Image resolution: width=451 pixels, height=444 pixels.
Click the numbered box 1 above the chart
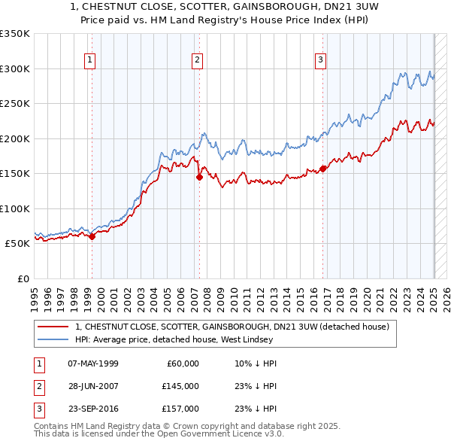(90, 61)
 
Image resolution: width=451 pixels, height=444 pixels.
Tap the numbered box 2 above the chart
(197, 61)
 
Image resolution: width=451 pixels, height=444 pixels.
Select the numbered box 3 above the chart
(320, 61)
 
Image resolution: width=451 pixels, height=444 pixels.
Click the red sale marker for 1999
(92, 236)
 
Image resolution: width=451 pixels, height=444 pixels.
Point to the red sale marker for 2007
(200, 178)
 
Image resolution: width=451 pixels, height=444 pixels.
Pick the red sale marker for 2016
(323, 169)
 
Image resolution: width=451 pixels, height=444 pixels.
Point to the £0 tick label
(23, 278)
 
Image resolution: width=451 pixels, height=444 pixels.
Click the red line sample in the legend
(53, 327)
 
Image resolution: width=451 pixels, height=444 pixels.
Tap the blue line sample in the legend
(53, 339)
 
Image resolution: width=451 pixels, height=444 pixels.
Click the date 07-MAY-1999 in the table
(92, 363)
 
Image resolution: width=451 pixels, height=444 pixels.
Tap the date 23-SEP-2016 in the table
(92, 409)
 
